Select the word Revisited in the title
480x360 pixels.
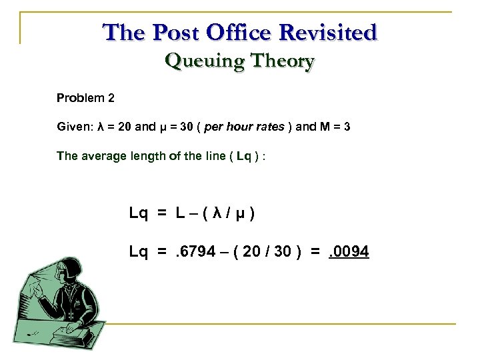[x=331, y=32]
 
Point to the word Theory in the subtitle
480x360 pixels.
[x=280, y=62]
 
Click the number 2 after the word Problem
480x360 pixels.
[x=111, y=98]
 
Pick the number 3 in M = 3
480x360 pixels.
[x=347, y=127]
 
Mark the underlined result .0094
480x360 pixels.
[x=349, y=253]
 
